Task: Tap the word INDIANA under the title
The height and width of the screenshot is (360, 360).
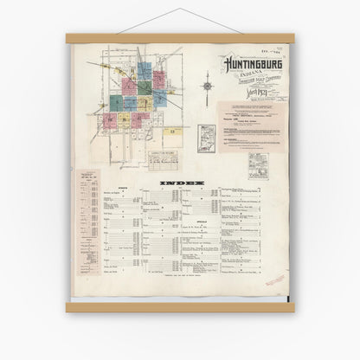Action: pyautogui.click(x=243, y=73)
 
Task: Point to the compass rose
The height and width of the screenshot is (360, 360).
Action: pyautogui.click(x=207, y=87)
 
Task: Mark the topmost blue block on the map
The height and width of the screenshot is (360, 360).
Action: pyautogui.click(x=143, y=67)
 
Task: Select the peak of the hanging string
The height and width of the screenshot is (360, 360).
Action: pyautogui.click(x=180, y=10)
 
